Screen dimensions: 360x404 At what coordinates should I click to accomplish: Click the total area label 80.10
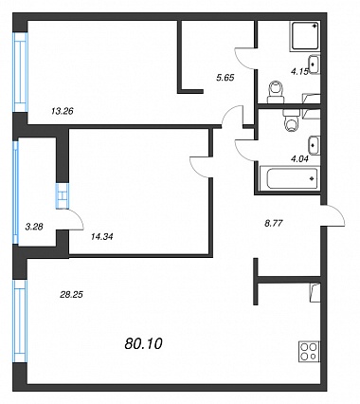[143, 343]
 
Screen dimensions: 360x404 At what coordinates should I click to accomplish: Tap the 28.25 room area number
[71, 295]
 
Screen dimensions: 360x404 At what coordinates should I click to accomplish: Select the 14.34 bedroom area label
[101, 236]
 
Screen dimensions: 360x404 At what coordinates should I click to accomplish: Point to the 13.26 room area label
[63, 111]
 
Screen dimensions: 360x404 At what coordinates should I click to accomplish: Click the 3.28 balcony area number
[34, 227]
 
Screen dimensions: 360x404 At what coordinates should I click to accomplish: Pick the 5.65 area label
[225, 78]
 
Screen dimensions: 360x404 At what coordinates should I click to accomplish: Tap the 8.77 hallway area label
[273, 224]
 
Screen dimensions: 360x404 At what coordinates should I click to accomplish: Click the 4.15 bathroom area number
[299, 72]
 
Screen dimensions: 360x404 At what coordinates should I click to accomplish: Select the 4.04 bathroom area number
[299, 158]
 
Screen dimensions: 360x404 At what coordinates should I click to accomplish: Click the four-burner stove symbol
[309, 352]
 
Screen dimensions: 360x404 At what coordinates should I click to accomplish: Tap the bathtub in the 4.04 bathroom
[289, 179]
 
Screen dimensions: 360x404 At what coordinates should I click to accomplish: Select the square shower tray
[304, 36]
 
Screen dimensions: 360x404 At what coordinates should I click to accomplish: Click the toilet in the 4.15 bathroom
[276, 92]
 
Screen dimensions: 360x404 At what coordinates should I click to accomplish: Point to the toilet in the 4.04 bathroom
[292, 120]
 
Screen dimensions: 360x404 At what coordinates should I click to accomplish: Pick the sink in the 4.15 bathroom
[314, 64]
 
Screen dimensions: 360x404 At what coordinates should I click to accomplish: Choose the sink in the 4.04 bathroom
[314, 145]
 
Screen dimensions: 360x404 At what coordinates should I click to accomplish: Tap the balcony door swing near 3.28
[75, 219]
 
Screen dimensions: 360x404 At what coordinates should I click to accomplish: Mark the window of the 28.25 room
[21, 321]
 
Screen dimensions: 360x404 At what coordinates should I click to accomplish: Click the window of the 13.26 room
[21, 72]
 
